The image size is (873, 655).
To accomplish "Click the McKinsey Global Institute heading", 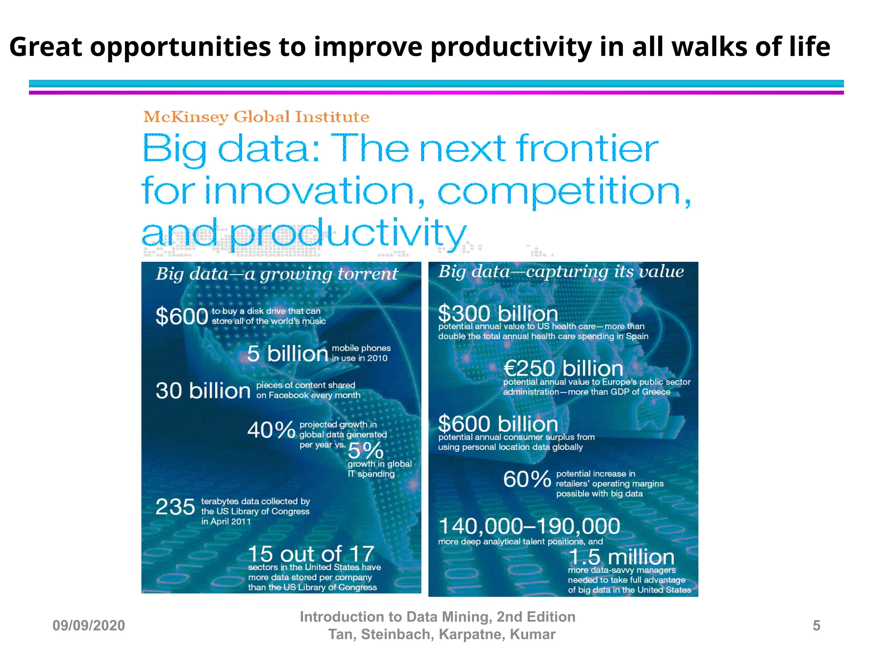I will [x=256, y=117].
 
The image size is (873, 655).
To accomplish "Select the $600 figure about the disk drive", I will [x=182, y=316].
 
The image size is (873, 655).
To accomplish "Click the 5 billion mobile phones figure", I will [x=288, y=354].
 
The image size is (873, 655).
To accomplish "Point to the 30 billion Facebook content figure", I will [x=203, y=391].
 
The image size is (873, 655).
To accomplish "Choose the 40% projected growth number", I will [x=272, y=430].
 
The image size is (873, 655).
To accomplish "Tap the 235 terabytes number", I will [x=175, y=507].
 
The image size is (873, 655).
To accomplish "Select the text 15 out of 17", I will [x=311, y=554].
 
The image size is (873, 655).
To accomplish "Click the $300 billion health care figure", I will [x=498, y=313].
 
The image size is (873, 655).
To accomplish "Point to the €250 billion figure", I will [x=563, y=368].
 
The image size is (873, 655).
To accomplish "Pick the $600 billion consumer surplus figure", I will [x=498, y=424].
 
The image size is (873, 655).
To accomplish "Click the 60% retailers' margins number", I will [x=527, y=479].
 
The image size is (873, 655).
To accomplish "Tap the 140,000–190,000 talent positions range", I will [x=529, y=526].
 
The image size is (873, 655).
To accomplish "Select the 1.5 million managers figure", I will [x=621, y=557].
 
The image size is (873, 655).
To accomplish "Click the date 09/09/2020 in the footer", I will [x=89, y=626].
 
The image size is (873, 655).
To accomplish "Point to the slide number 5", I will [x=816, y=626].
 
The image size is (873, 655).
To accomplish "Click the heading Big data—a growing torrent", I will [x=277, y=274].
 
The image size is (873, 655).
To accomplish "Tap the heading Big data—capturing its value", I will [x=561, y=272].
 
